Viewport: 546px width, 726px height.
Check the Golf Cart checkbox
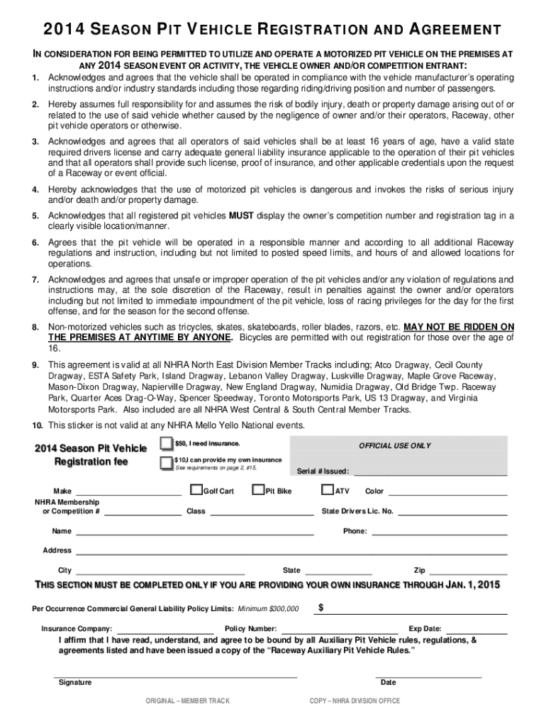coord(196,490)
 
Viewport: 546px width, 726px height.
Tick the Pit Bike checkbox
coord(258,490)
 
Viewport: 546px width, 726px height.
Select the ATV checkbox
coord(327,490)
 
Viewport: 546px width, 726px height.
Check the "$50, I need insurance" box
coord(166,444)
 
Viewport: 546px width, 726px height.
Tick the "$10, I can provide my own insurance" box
coord(166,463)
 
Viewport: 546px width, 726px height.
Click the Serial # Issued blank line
coord(430,472)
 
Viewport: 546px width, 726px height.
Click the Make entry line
coord(128,492)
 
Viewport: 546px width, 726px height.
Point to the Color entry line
coord(447,492)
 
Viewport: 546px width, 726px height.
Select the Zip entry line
coord(468,571)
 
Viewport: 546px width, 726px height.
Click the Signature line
coord(175,677)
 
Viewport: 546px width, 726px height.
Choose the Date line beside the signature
coord(428,677)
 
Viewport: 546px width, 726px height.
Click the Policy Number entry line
coord(340,630)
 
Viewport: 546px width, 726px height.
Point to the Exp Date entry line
coord(476,630)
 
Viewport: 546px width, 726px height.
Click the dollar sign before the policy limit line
coord(322,608)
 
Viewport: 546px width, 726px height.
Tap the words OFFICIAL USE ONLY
coord(394,446)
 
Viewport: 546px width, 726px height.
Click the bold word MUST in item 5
coord(237,216)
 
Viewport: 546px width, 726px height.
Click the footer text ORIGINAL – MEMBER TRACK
coord(187,701)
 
